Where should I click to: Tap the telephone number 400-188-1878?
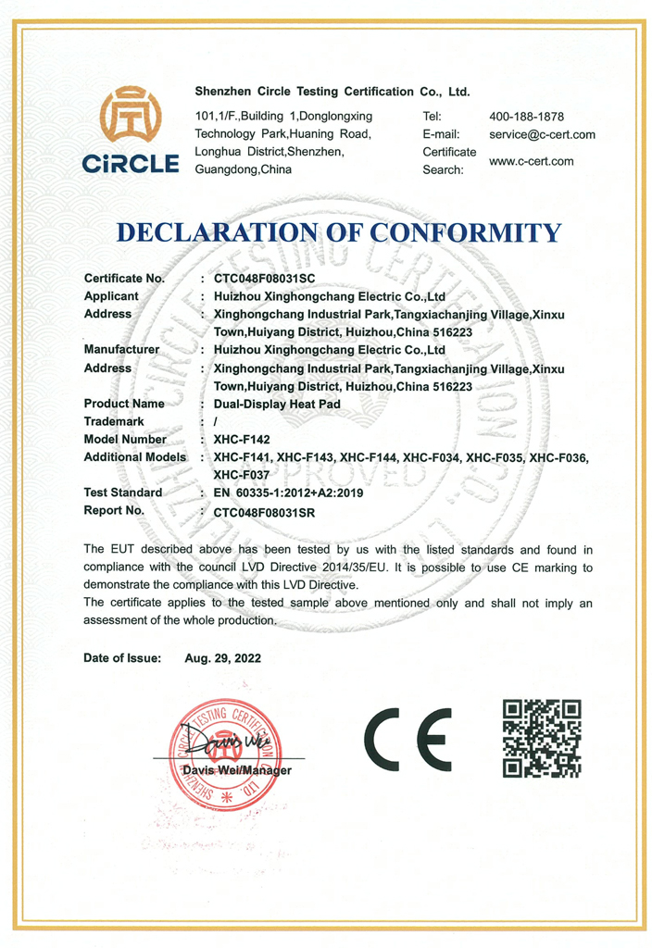click(x=526, y=117)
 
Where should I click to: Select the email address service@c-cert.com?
click(x=542, y=134)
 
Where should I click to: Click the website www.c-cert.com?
click(x=531, y=161)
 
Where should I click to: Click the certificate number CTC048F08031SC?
click(x=265, y=278)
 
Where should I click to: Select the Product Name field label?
click(x=124, y=404)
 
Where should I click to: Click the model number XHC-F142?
click(x=242, y=440)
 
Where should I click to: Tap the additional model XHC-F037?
click(x=241, y=474)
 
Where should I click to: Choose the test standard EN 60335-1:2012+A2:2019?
click(x=288, y=493)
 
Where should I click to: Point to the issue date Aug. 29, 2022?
click(x=222, y=659)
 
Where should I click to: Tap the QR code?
click(x=542, y=738)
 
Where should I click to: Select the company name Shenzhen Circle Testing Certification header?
click(x=332, y=92)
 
